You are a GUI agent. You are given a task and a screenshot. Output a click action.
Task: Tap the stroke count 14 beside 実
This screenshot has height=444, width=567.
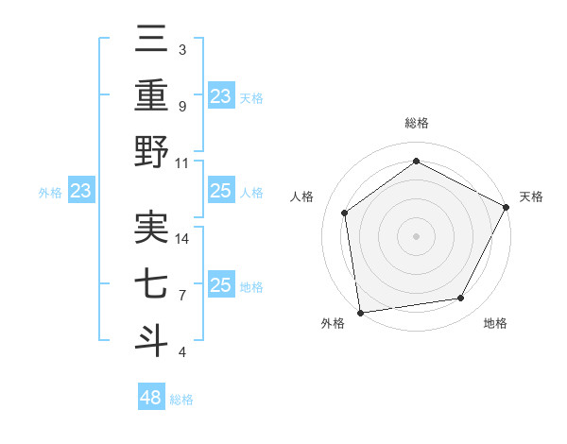point(182,239)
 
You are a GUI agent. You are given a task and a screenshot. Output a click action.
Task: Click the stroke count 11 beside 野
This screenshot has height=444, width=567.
point(182,162)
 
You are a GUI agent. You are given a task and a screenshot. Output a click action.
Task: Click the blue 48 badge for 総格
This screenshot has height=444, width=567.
point(151,398)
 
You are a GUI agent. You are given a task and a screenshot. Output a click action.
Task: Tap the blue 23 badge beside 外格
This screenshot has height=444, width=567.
point(81,192)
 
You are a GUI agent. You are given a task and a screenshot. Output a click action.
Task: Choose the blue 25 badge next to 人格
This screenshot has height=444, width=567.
point(220,192)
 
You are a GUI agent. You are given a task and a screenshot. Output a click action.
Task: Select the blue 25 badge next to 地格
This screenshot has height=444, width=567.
point(220,285)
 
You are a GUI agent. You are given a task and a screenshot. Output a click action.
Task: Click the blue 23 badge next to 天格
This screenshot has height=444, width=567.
point(220,95)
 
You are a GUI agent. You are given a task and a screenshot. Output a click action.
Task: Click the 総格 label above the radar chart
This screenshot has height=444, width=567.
point(416,124)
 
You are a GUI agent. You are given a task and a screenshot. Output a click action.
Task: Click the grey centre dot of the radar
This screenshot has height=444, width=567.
point(416,235)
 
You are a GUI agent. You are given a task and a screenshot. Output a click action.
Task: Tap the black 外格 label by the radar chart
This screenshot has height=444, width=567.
point(333,324)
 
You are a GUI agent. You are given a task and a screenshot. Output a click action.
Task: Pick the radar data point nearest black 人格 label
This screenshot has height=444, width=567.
point(345,213)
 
